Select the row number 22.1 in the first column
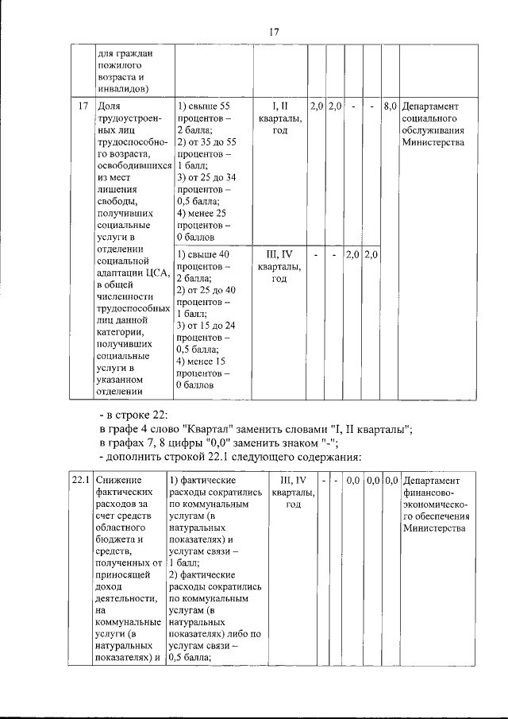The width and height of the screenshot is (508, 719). (x=79, y=481)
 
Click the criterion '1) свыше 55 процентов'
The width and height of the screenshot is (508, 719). (x=203, y=111)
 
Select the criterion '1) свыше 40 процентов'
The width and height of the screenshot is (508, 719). (x=203, y=261)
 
